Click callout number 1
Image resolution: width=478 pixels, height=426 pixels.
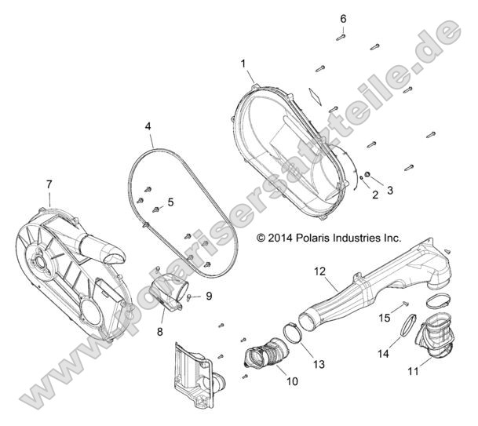243,63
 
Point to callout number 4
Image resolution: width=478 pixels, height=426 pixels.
148,126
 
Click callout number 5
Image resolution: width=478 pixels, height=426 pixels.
170,202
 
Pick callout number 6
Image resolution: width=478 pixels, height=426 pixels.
342,18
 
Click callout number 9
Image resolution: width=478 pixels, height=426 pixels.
209,296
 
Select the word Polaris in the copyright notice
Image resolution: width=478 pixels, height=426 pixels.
323,236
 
